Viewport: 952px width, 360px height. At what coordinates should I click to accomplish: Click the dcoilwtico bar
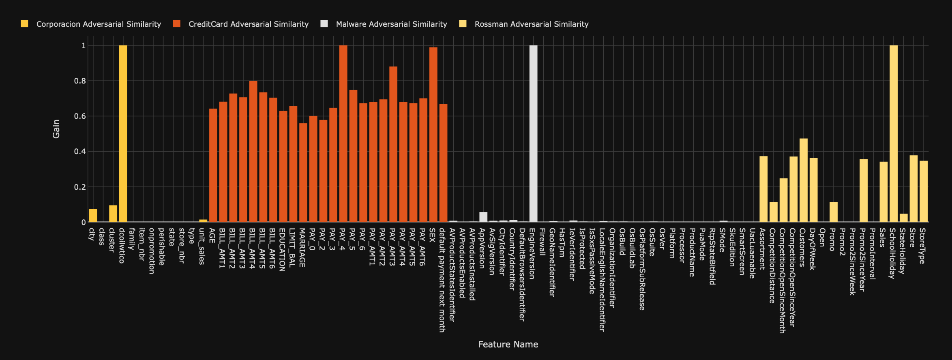[x=123, y=134]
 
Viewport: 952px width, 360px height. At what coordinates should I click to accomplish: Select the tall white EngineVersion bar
[x=533, y=134]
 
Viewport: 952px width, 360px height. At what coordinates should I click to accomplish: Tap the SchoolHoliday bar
[x=893, y=134]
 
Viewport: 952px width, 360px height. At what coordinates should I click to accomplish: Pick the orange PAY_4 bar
[x=343, y=134]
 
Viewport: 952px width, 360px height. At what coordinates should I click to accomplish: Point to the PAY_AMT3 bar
[x=393, y=144]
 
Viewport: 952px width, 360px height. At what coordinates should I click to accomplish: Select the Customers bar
[x=803, y=180]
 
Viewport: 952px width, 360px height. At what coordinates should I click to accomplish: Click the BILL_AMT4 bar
[x=253, y=152]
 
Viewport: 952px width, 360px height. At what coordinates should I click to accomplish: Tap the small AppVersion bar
[x=483, y=217]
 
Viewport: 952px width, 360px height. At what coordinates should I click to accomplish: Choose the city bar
[x=93, y=216]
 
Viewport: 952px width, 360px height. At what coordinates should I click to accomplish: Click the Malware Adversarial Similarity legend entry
[x=391, y=24]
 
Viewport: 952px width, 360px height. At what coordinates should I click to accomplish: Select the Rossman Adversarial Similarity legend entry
[x=531, y=24]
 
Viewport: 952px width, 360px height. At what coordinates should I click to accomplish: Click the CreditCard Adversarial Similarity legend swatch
[x=176, y=24]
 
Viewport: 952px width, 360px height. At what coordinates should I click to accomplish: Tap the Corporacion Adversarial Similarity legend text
[x=99, y=24]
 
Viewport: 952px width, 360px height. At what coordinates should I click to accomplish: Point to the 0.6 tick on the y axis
[x=80, y=116]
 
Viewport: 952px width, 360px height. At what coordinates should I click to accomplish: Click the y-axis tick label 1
[x=84, y=46]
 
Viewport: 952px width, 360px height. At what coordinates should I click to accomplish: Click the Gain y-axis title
[x=56, y=129]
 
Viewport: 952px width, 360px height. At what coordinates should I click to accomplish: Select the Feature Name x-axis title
[x=508, y=345]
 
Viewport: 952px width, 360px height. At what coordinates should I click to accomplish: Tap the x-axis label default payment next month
[x=442, y=280]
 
